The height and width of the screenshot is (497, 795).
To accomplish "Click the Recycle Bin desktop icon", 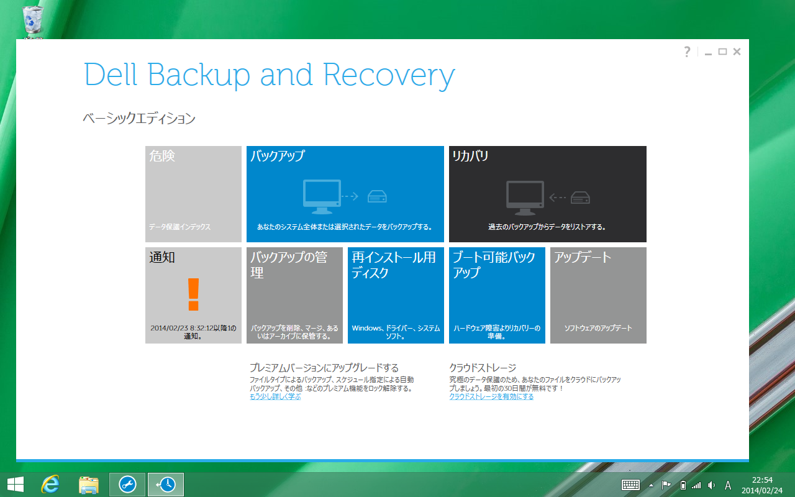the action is click(33, 19).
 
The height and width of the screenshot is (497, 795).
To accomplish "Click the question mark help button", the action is click(687, 52).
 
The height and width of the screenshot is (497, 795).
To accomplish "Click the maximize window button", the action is click(722, 52).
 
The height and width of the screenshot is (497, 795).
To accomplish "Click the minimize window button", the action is click(708, 53).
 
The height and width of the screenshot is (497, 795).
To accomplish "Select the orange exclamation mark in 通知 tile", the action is click(193, 294).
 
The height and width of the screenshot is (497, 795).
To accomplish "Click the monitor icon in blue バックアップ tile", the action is click(322, 197).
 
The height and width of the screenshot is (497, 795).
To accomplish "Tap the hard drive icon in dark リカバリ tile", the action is click(580, 198).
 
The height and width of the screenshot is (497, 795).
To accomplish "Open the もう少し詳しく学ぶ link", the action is click(275, 396).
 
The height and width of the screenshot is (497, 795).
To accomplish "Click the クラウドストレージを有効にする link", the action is click(491, 396).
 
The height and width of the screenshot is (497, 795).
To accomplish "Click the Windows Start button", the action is click(16, 485).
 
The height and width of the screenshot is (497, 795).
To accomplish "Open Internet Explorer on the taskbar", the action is click(50, 484).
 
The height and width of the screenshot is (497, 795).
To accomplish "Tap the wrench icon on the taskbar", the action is click(127, 485).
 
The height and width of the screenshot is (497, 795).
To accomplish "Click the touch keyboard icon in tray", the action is click(630, 485).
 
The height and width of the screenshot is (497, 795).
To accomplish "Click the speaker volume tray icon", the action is click(711, 485).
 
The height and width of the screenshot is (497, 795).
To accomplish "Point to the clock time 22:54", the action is click(762, 480).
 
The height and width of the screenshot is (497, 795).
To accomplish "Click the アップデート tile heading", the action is click(583, 257).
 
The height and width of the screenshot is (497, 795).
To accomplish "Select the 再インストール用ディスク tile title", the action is click(394, 265).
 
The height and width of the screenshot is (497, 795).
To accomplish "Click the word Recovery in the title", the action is click(389, 76).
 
